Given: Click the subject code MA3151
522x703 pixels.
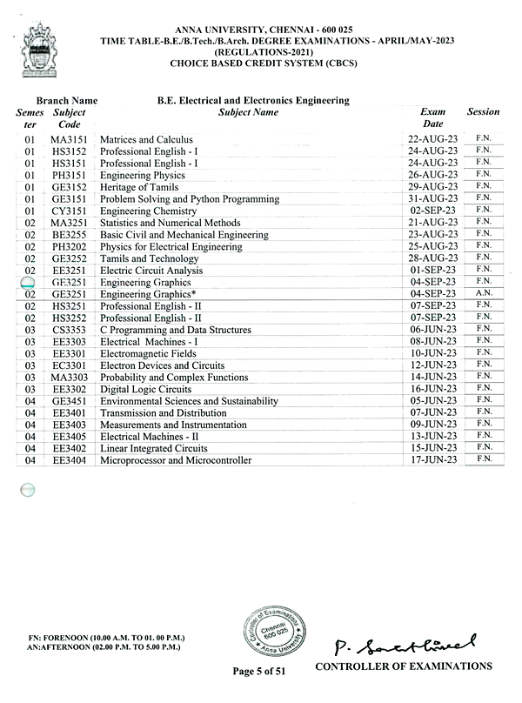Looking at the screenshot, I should coord(69,139).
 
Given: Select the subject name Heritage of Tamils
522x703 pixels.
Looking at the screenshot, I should coord(134,187).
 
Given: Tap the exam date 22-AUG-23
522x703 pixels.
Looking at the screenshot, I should coord(432,139).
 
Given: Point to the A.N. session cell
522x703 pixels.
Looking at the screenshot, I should coord(484,293).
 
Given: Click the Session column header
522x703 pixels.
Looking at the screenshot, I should coord(483,112).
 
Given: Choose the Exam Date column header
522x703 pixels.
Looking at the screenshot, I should coord(432,117).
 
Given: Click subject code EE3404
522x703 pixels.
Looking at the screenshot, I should coord(69,460).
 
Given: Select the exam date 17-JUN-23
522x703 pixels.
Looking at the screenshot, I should coord(432,459).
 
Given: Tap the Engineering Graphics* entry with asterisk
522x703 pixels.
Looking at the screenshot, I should coord(148,294).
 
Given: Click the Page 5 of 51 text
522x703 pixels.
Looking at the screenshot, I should coord(259,671).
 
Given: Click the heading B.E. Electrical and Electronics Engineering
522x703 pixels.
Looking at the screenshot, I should coord(253,101).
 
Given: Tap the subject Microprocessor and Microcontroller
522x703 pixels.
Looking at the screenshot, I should coord(176,460).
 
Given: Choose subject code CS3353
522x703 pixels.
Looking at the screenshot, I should coord(69,331).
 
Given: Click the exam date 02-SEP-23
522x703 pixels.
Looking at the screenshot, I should coord(432,211).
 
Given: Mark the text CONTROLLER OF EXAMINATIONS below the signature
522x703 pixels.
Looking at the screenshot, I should coord(403,667).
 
